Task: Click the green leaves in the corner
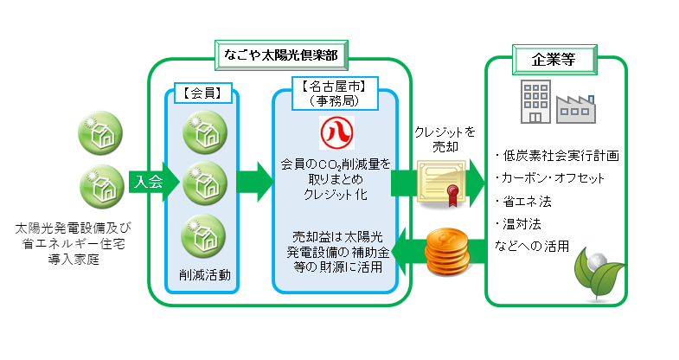601,272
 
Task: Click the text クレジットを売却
445,138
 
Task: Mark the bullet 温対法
523,224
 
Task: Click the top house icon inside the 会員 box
204,132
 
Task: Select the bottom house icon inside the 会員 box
204,234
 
